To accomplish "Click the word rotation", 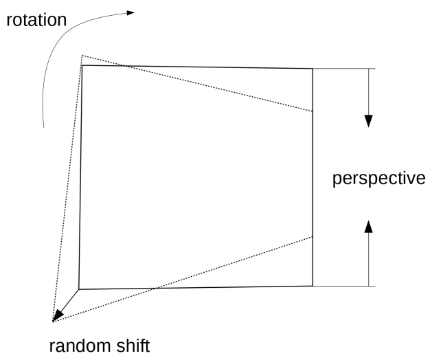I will click(x=37, y=20).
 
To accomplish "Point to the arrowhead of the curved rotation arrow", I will click(x=130, y=12).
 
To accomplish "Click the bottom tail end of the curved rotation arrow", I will click(x=43, y=126).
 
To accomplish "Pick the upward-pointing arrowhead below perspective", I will click(x=369, y=227).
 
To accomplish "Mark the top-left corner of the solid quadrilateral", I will click(x=82, y=66).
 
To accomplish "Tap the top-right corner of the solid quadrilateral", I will click(x=313, y=69).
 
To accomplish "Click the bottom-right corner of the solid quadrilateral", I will click(x=313, y=286).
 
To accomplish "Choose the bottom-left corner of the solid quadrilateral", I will click(x=79, y=289).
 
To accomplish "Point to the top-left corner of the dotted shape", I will click(x=82, y=56).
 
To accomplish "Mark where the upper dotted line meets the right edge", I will click(x=313, y=111).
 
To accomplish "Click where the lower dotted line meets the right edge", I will click(x=313, y=236).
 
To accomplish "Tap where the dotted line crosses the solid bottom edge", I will click(x=157, y=287).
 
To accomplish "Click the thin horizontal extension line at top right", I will click(x=343, y=69).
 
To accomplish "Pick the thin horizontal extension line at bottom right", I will click(x=343, y=286).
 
